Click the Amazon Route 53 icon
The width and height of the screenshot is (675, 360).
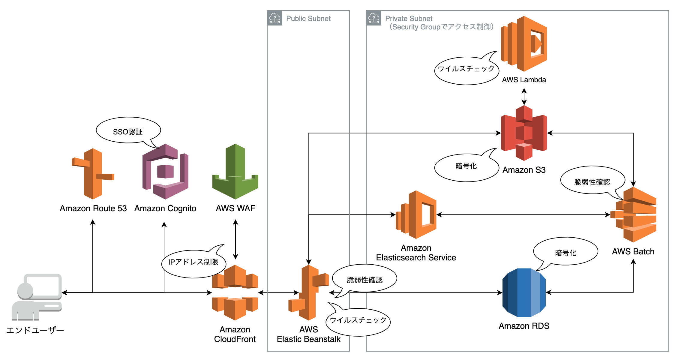(93, 174)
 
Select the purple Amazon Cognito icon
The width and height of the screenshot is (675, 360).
(165, 172)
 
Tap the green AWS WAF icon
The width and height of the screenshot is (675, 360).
(235, 172)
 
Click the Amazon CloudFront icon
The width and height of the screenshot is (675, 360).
(235, 292)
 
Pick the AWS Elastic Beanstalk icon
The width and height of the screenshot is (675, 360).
(309, 292)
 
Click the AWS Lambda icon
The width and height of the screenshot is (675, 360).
(524, 44)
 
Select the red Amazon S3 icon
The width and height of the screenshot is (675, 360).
(524, 133)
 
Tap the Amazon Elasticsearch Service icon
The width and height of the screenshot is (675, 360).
(416, 214)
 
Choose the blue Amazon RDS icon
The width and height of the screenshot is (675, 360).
(524, 292)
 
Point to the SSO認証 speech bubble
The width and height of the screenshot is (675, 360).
(128, 130)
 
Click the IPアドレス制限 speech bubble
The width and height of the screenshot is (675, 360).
(193, 263)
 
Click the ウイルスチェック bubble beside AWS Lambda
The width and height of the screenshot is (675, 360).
(466, 70)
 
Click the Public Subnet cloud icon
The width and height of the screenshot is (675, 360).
(275, 18)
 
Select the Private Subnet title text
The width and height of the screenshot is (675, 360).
(409, 19)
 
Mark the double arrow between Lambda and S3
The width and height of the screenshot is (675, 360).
(524, 96)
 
